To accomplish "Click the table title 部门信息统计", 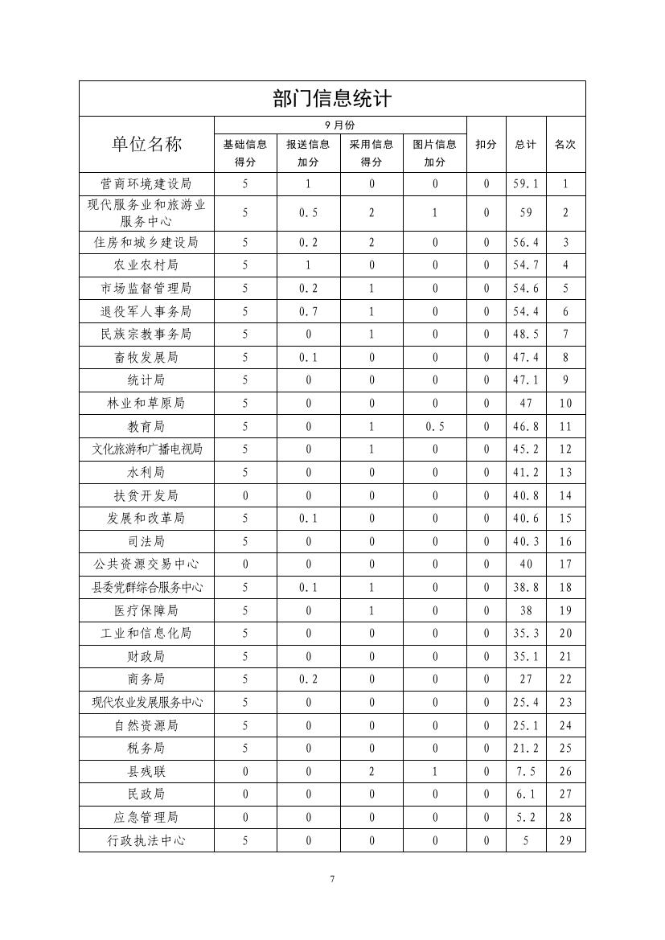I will click(x=331, y=99).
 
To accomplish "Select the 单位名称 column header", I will click(x=146, y=144).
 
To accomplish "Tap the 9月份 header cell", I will click(x=340, y=125).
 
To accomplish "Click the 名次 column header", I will click(x=565, y=145).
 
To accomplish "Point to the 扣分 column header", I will click(x=486, y=145).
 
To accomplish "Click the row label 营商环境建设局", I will click(x=146, y=183).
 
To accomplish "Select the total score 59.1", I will click(x=526, y=183).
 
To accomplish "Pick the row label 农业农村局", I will click(x=146, y=265).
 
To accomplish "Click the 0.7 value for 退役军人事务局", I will click(x=308, y=311).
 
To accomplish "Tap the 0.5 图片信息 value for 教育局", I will click(x=434, y=426).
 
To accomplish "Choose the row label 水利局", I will click(x=146, y=472).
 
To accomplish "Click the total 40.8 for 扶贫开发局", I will click(x=526, y=495).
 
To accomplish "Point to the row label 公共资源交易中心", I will click(x=146, y=564).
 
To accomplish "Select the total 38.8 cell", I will click(x=526, y=588).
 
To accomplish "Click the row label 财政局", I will click(x=146, y=656).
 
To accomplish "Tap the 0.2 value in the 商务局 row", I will click(x=308, y=679).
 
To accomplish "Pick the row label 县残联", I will click(x=146, y=772).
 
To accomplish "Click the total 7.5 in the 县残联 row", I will click(x=526, y=772).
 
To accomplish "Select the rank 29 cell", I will click(x=565, y=841).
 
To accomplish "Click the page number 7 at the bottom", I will click(x=332, y=879).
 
